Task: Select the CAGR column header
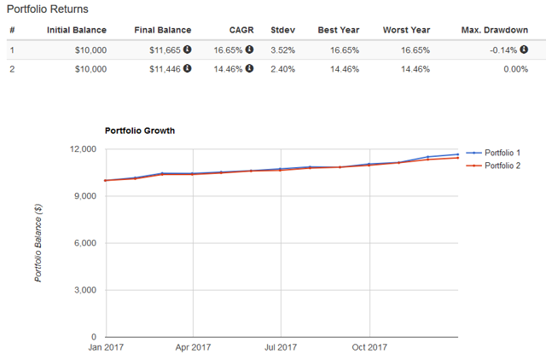(241, 31)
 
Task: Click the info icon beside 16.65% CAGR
(250, 49)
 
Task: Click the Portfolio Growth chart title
(139, 131)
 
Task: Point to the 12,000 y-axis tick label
(84, 149)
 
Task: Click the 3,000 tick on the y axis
(86, 290)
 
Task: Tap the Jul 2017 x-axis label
(281, 348)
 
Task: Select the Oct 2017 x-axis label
(369, 348)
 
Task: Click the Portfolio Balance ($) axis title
(38, 244)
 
